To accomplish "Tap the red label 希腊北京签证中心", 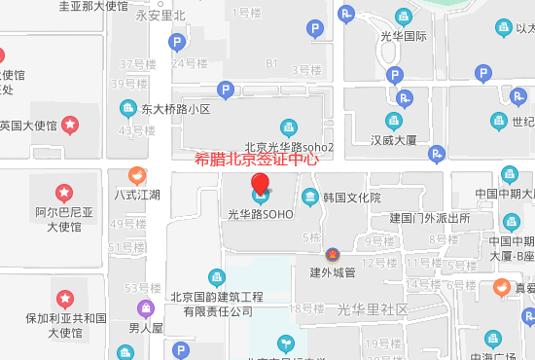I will click(x=257, y=160).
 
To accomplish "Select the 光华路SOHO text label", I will click(x=260, y=214).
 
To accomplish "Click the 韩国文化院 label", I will click(x=350, y=198).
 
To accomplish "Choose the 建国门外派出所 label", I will click(x=429, y=218).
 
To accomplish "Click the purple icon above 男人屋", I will click(x=145, y=308).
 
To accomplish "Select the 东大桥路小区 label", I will click(x=175, y=110).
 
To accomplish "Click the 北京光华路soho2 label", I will click(x=289, y=147).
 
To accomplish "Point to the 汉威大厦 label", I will click(x=393, y=140).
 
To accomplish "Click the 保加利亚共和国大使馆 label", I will click(x=65, y=325).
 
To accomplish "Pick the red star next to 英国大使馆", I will click(x=71, y=125).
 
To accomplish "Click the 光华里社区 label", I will click(x=373, y=309).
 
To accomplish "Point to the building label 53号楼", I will click(x=143, y=288).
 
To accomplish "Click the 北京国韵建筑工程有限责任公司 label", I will click(x=217, y=305).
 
